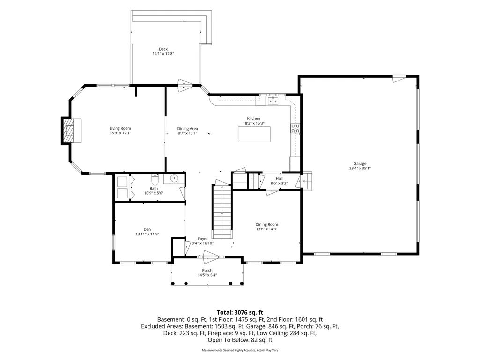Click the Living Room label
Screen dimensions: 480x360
(120, 129)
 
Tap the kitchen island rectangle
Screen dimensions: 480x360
(254, 134)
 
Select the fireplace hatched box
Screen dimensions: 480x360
(68, 131)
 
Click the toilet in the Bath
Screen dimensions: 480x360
(154, 178)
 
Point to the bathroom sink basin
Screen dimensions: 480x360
(174, 177)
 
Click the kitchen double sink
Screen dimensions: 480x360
(273, 101)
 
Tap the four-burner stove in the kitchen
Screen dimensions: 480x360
(295, 128)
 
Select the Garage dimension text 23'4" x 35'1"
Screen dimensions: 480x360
(360, 169)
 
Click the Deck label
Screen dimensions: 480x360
(163, 49)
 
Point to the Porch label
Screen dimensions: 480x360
(207, 270)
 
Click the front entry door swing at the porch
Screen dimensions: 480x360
(211, 257)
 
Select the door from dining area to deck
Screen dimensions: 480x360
(185, 85)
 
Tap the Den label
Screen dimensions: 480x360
(147, 229)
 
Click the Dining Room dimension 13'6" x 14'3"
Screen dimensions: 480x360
(266, 229)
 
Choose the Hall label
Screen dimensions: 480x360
(279, 178)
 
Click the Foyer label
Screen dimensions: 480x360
(203, 239)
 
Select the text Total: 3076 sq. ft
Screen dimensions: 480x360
(240, 313)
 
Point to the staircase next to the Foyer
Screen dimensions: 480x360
(222, 211)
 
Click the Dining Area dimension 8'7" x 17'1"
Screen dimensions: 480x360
(188, 133)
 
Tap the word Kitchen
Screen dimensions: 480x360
(254, 118)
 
